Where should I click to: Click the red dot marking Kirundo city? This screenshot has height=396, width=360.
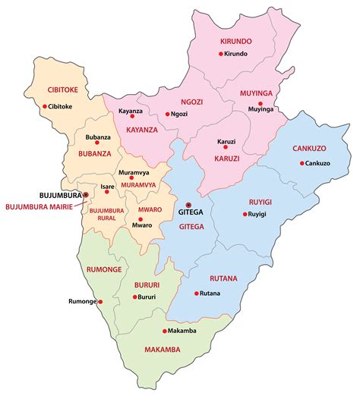[x=221, y=54]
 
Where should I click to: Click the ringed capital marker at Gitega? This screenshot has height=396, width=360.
[x=188, y=205]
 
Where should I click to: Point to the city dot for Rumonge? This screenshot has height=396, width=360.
[x=96, y=302]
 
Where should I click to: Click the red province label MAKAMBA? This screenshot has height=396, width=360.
[x=164, y=350]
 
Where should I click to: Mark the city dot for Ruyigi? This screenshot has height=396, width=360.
[x=245, y=215]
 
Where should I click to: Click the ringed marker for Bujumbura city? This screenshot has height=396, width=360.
[x=86, y=195]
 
